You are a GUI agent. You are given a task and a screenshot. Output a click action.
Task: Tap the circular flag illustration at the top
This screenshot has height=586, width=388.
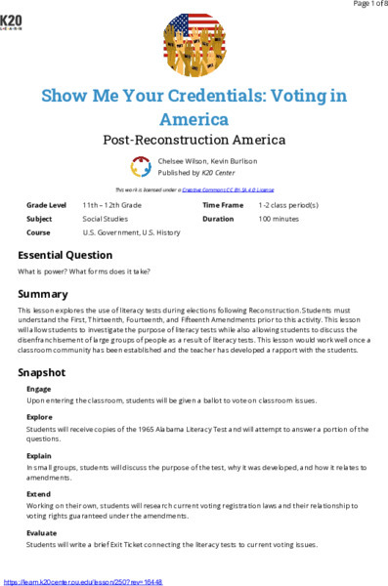pyautogui.click(x=194, y=44)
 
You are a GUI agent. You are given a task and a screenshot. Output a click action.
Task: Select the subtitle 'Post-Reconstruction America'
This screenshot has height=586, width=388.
pyautogui.click(x=194, y=140)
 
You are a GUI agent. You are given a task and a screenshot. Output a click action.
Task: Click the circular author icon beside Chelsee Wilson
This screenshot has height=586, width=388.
pyautogui.click(x=140, y=166)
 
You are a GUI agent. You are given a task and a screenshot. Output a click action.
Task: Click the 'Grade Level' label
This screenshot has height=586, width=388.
pyautogui.click(x=47, y=206)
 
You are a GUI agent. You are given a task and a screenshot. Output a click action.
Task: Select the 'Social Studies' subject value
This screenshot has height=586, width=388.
pyautogui.click(x=106, y=220)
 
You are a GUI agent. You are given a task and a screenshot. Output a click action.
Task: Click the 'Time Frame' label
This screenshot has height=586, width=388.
pyautogui.click(x=222, y=206)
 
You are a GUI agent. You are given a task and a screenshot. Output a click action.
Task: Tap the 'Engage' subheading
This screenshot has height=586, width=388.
pyautogui.click(x=39, y=389)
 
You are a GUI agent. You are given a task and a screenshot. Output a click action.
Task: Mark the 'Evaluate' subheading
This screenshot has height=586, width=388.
pyautogui.click(x=42, y=533)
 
